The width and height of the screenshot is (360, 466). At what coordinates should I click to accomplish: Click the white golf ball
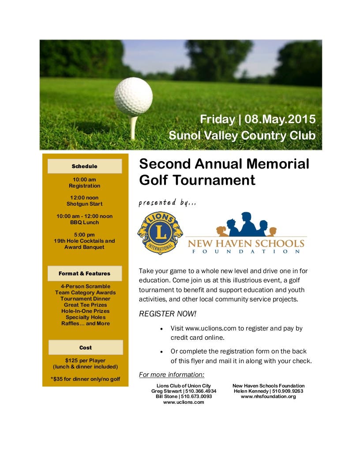[x=133, y=97]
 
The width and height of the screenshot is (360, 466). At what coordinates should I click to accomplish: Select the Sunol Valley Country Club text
[x=242, y=135]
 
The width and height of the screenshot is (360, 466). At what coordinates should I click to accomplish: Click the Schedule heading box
[x=84, y=166]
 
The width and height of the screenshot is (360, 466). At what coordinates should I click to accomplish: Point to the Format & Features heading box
[x=84, y=274]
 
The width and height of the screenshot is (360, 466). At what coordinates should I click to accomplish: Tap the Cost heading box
[x=85, y=348]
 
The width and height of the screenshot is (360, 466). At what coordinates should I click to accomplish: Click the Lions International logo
[x=160, y=233]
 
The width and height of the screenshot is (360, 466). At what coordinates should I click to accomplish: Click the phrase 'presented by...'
[x=167, y=203]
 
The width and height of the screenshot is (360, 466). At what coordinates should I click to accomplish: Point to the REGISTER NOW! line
[x=167, y=314]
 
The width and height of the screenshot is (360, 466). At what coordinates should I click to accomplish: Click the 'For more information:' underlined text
[x=172, y=375]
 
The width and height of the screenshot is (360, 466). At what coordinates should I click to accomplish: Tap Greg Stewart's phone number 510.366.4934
[x=201, y=391]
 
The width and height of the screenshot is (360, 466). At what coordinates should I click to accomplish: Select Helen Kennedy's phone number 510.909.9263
[x=286, y=391]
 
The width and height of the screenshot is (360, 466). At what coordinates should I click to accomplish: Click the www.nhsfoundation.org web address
[x=268, y=396]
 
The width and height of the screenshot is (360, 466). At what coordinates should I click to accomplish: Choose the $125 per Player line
[x=85, y=361]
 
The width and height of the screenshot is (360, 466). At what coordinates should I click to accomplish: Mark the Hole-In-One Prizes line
[x=85, y=311]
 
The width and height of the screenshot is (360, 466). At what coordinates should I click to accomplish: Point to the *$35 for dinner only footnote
[x=85, y=379]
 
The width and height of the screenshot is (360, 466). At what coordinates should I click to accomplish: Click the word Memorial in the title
[x=278, y=164]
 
